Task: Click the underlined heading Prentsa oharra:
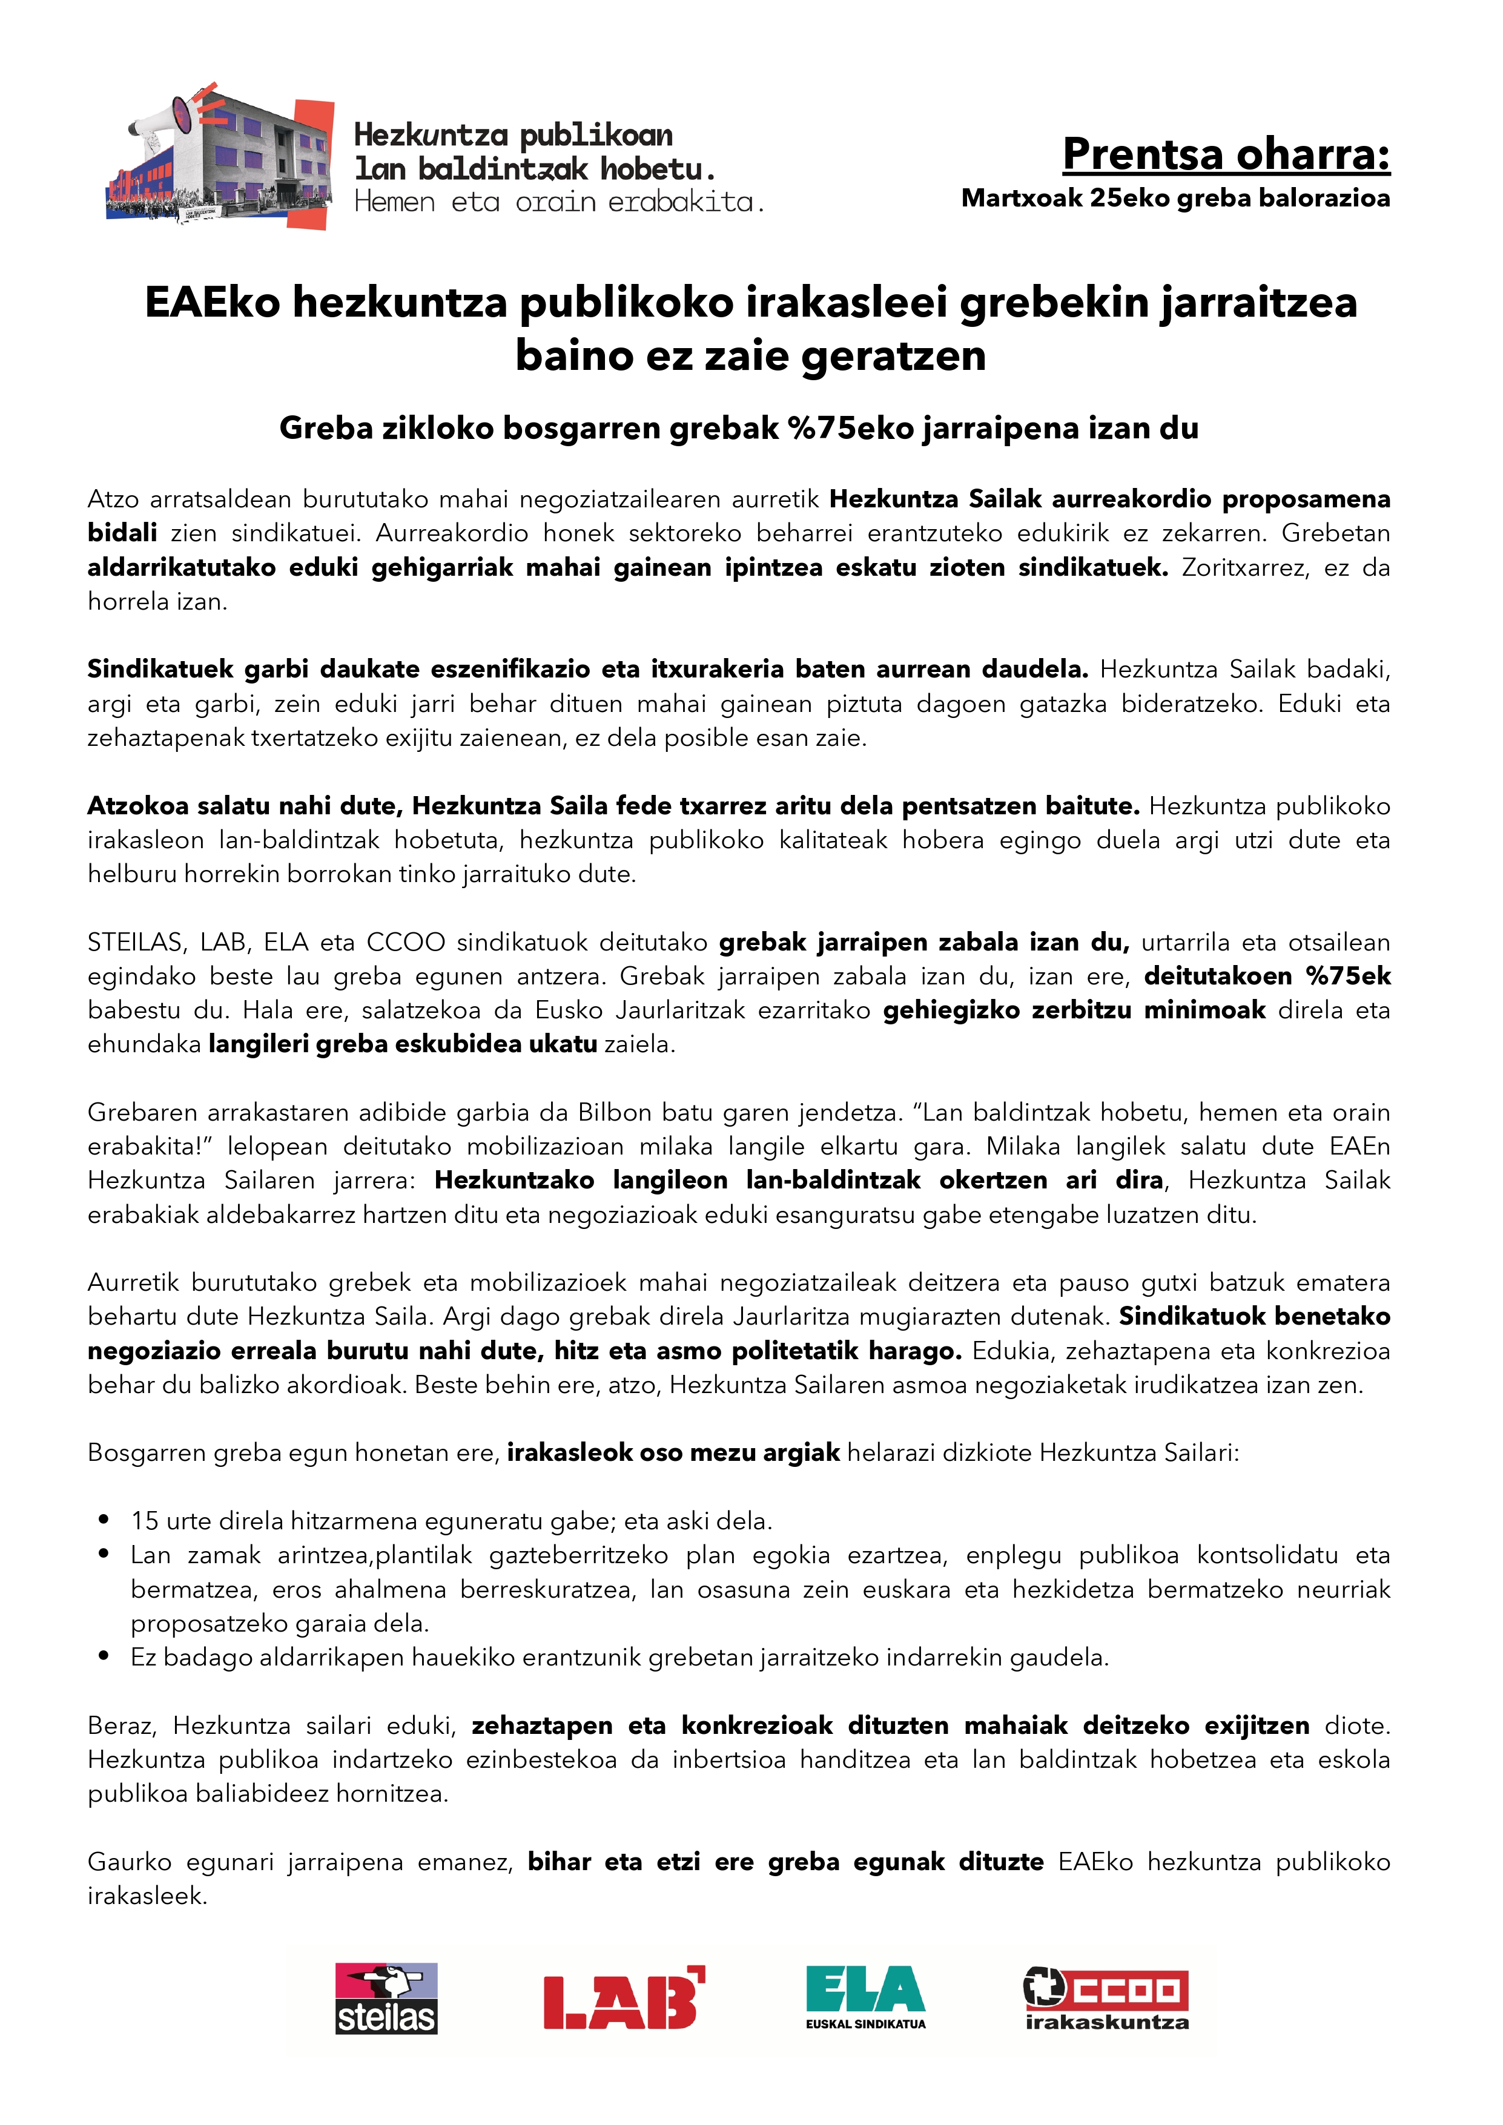pos(1226,154)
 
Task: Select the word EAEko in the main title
pos(212,303)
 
